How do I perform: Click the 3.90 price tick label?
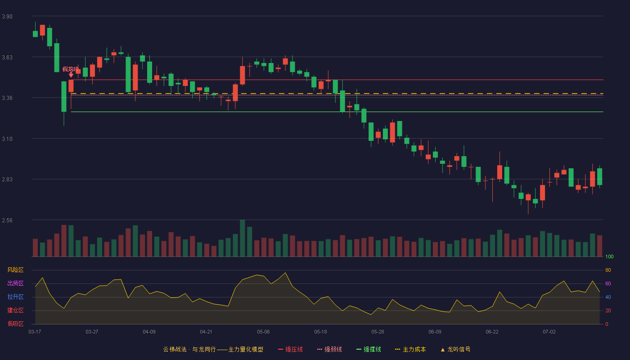7,17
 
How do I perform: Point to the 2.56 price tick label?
7,220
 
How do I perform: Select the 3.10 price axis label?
7,139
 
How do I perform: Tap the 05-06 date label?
263,332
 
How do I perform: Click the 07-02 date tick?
549,332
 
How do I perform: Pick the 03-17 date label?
35,332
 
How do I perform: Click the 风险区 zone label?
15,270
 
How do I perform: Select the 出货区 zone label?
15,283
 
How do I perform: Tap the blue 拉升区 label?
15,297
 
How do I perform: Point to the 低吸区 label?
15,324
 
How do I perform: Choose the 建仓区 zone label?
15,310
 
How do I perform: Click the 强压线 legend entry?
290,349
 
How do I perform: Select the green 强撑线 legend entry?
369,349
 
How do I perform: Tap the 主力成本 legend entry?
410,349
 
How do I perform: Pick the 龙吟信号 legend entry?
455,349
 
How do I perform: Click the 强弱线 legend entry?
329,349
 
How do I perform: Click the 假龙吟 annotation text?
71,69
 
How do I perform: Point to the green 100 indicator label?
609,256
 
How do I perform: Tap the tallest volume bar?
243,238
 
